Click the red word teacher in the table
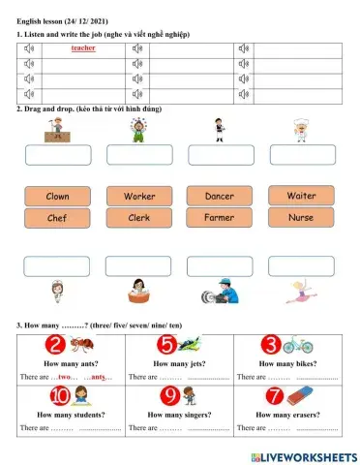(83, 46)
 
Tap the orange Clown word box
(57, 196)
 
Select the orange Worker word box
(138, 196)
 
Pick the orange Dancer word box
(220, 196)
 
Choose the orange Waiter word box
(301, 196)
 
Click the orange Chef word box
(57, 218)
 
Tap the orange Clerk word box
(138, 218)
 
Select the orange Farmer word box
(220, 218)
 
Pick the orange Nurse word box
(301, 218)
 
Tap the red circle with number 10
(59, 395)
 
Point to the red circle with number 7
(276, 395)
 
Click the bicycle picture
(299, 345)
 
